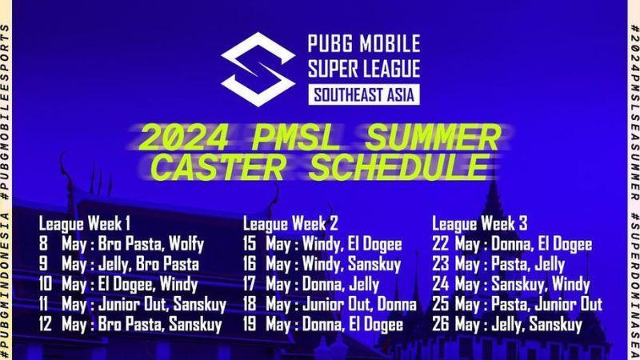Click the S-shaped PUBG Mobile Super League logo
[258, 69]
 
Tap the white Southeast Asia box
[364, 94]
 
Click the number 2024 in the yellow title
[184, 138]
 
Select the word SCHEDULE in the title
[399, 167]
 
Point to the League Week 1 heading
[85, 224]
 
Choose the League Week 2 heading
[290, 224]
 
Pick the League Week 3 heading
[479, 224]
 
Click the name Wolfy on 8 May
[186, 244]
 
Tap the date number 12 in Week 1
[46, 325]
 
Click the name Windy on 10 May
[178, 285]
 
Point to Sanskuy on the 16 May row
[374, 265]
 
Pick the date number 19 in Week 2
[250, 325]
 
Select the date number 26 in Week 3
[441, 325]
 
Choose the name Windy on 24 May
[571, 285]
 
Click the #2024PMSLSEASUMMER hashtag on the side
[634, 113]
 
